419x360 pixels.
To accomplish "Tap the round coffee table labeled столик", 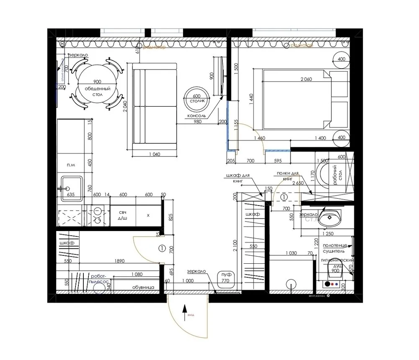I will click(x=197, y=99).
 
